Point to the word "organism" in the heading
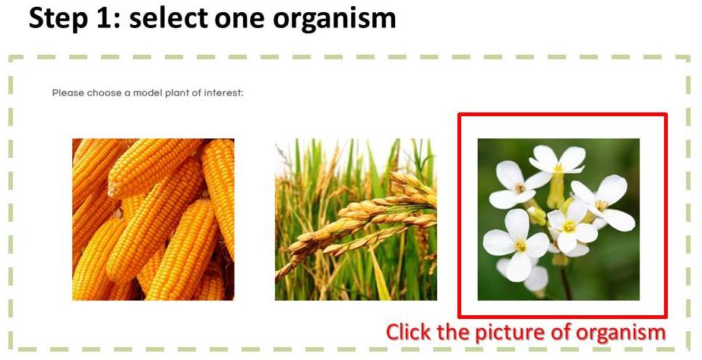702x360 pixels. [x=334, y=21]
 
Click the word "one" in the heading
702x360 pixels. [x=240, y=21]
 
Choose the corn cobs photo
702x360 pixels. [x=153, y=219]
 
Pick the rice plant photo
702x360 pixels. [x=356, y=219]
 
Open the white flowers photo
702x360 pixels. [x=558, y=219]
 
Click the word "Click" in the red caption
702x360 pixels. [x=409, y=332]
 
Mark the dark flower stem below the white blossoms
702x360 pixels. [x=566, y=283]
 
